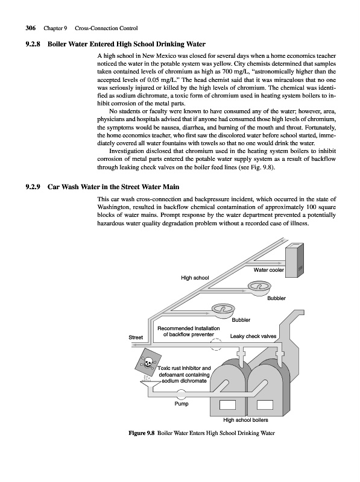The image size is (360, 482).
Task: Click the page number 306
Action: pyautogui.click(x=31, y=28)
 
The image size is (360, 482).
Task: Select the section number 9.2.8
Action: pyautogui.click(x=33, y=44)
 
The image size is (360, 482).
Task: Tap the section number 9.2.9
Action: pyautogui.click(x=33, y=187)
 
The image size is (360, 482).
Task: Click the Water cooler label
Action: pyautogui.click(x=268, y=270)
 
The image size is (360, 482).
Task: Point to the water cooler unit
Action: pyautogui.click(x=294, y=260)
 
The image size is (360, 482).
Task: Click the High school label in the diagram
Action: pyautogui.click(x=195, y=278)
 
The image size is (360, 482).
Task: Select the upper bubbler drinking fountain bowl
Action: pyautogui.click(x=259, y=289)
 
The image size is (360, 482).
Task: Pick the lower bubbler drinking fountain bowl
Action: pyautogui.click(x=223, y=310)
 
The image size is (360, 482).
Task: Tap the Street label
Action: pyautogui.click(x=136, y=337)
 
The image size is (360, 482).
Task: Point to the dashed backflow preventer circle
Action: pyautogui.click(x=216, y=344)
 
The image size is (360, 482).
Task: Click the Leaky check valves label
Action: pyautogui.click(x=253, y=336)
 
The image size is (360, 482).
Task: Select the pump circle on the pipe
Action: pyautogui.click(x=182, y=394)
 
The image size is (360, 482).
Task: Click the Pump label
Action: pyautogui.click(x=182, y=404)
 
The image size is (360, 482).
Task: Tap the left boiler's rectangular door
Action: pyautogui.click(x=228, y=405)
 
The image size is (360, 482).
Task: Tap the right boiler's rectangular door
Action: pyautogui.click(x=265, y=405)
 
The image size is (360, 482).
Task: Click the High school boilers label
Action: pyautogui.click(x=245, y=420)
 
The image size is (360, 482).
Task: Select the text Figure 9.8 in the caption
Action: pyautogui.click(x=141, y=433)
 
